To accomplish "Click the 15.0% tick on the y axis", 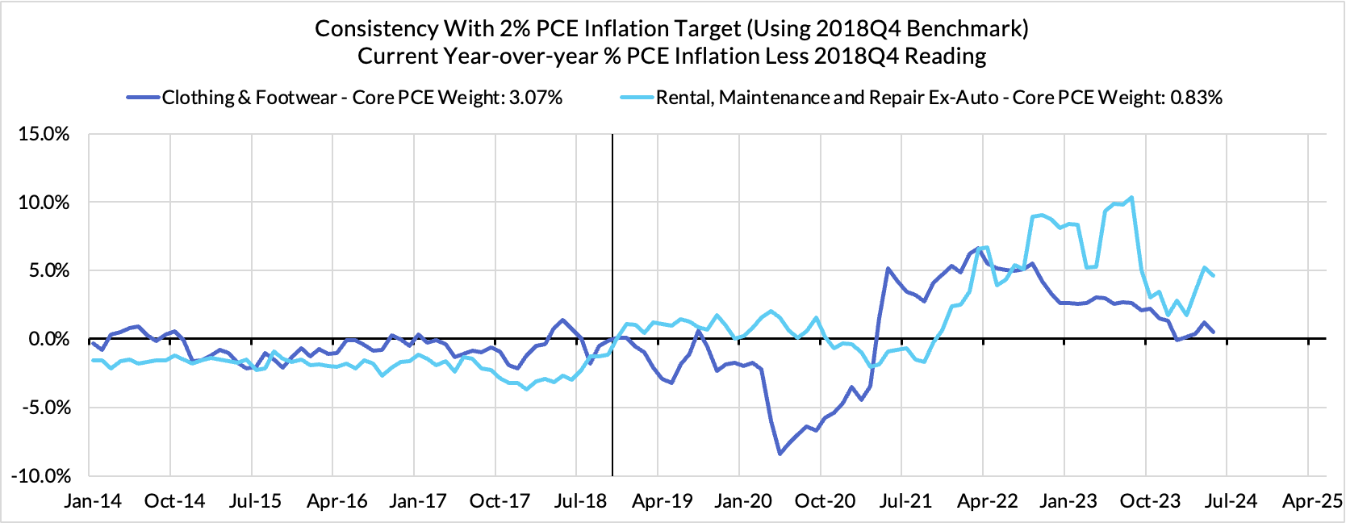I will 44,134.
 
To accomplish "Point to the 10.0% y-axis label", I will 44,203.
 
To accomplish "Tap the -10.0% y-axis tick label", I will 41,476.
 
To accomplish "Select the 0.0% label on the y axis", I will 48,339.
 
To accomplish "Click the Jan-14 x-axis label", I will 93,501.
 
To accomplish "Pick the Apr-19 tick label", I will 662,501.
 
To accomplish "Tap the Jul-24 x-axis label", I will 1230,501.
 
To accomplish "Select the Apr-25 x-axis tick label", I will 1312,501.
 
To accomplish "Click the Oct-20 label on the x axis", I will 825,501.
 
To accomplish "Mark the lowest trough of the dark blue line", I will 780,454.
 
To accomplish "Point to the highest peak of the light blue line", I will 1132,197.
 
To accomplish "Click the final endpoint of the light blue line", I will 1214,276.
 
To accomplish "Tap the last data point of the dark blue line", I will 1214,331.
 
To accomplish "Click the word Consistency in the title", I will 375,28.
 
